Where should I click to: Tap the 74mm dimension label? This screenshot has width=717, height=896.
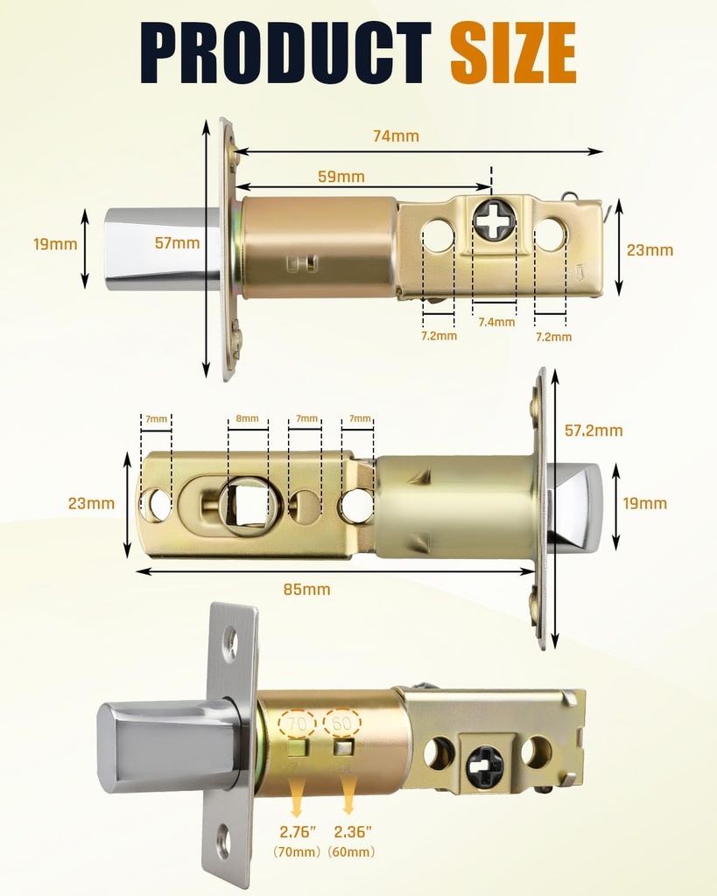pos(396,136)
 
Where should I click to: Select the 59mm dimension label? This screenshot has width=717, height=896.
pos(341,177)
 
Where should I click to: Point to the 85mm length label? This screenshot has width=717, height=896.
pos(307,589)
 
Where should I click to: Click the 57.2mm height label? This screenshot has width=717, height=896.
pos(594,430)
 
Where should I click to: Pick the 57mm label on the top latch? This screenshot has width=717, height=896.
pos(177,243)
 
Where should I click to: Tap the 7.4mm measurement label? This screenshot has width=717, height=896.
pos(496,322)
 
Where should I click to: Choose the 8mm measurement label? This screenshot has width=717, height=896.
pos(248,419)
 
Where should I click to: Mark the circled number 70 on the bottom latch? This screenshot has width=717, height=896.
pos(298,724)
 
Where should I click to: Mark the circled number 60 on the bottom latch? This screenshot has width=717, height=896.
pos(341,723)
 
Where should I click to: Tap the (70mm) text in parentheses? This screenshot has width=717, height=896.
pos(298,851)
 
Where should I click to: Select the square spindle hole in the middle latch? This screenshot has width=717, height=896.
pos(249,506)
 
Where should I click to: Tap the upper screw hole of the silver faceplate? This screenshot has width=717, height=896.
pos(231,642)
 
